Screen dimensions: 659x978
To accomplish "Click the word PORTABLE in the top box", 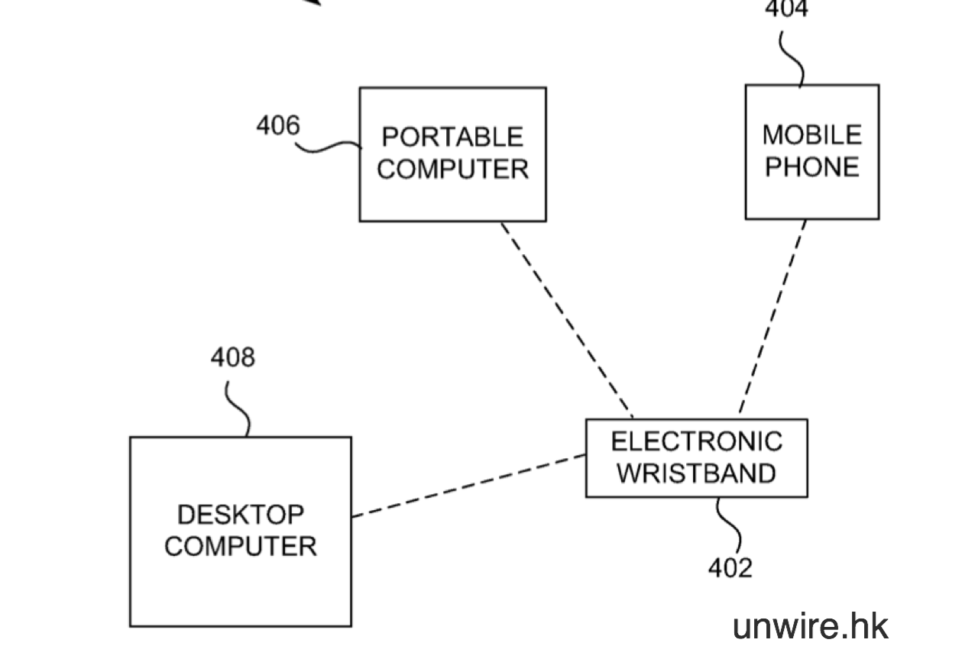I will pos(452,137).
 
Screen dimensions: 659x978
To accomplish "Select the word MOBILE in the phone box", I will pos(811,135).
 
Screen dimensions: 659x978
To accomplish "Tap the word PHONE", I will pos(811,166).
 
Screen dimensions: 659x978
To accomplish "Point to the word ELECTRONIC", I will pos(696,441).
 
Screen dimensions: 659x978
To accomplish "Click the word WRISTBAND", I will pos(696,473).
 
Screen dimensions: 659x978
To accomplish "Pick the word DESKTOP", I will pos(240,515).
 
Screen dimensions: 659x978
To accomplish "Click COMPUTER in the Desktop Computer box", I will pos(240,546).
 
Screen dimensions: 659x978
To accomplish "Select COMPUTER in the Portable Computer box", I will pos(452,169).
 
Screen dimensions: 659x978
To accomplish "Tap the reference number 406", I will pos(278,124).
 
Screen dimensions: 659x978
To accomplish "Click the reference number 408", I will pos(233,357).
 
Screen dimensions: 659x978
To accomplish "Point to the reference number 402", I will pos(730,567).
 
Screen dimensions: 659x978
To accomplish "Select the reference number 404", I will pos(786,9).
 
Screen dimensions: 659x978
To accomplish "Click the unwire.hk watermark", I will pos(810,626).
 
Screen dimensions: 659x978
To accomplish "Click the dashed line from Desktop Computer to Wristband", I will pos(468,486).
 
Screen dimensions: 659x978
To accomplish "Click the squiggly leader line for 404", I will pos(793,57).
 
